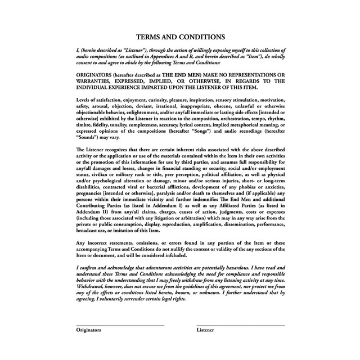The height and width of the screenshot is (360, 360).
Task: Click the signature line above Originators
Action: [x=120, y=325]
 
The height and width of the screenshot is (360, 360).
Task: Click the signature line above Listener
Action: [x=240, y=325]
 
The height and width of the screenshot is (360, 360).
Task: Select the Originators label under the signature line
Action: [x=89, y=330]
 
